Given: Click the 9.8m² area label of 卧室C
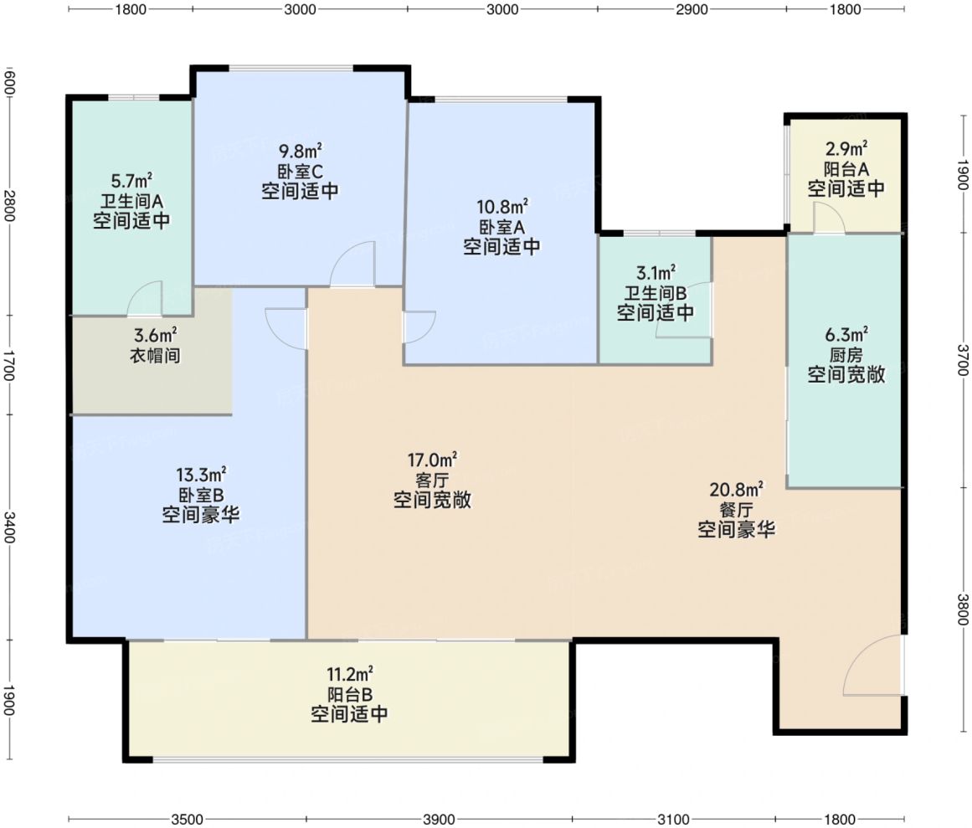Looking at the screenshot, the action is click(300, 151).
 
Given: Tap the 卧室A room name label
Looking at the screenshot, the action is click(501, 227).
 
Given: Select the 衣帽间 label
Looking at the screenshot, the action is click(155, 356).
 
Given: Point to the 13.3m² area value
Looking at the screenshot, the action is click(201, 475).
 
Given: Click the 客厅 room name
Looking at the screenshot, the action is click(432, 480).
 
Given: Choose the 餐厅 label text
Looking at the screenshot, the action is click(737, 510).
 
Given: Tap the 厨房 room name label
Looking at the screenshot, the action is click(846, 355).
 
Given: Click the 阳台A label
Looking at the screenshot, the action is click(846, 168).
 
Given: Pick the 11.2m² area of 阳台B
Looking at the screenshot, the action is click(350, 674).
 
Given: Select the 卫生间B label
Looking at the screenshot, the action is click(656, 292).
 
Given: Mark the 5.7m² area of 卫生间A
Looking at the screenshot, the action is click(131, 181).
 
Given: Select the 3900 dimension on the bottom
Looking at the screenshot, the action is click(438, 820).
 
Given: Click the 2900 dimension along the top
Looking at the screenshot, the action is click(692, 9).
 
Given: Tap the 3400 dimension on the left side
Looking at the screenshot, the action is click(8, 527).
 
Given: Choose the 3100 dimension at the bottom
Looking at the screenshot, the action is click(673, 820).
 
